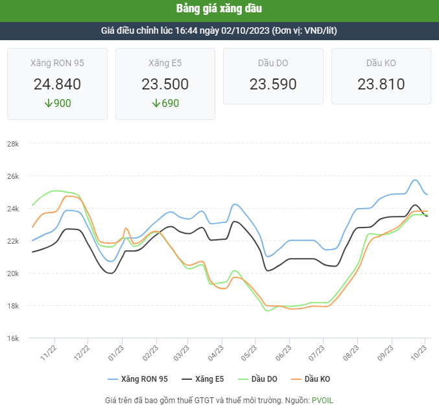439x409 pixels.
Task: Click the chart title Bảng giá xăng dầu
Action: click(219, 9)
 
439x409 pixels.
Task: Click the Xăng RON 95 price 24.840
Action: click(57, 84)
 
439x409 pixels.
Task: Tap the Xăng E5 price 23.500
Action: click(165, 84)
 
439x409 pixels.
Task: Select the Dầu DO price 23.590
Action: click(273, 84)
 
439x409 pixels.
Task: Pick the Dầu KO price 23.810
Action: click(381, 84)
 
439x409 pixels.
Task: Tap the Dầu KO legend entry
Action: click(318, 379)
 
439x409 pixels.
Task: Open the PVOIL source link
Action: click(322, 401)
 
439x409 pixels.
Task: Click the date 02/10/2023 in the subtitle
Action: click(246, 30)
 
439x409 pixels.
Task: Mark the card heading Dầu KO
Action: click(381, 63)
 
